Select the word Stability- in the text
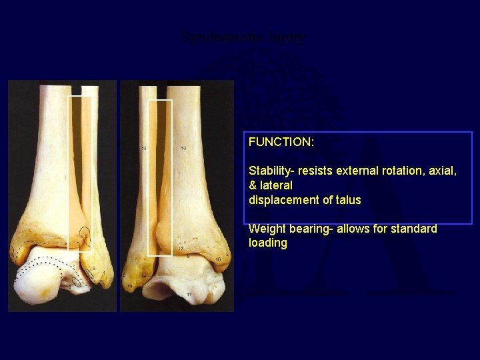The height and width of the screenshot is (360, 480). click(x=270, y=171)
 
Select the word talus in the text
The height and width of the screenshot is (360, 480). click(x=348, y=200)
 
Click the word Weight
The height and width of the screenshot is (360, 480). click(x=265, y=229)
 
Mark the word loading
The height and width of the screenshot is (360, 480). click(x=267, y=243)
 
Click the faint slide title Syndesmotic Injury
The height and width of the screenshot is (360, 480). click(x=244, y=38)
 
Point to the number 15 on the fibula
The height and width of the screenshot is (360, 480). click(x=144, y=148)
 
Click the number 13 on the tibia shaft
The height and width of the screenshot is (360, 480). click(x=183, y=148)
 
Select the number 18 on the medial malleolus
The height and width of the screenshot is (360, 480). click(x=218, y=259)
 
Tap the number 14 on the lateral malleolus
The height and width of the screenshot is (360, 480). click(x=143, y=275)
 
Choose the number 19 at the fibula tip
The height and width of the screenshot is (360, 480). click(x=131, y=285)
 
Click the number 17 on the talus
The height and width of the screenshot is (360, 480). click(x=189, y=295)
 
